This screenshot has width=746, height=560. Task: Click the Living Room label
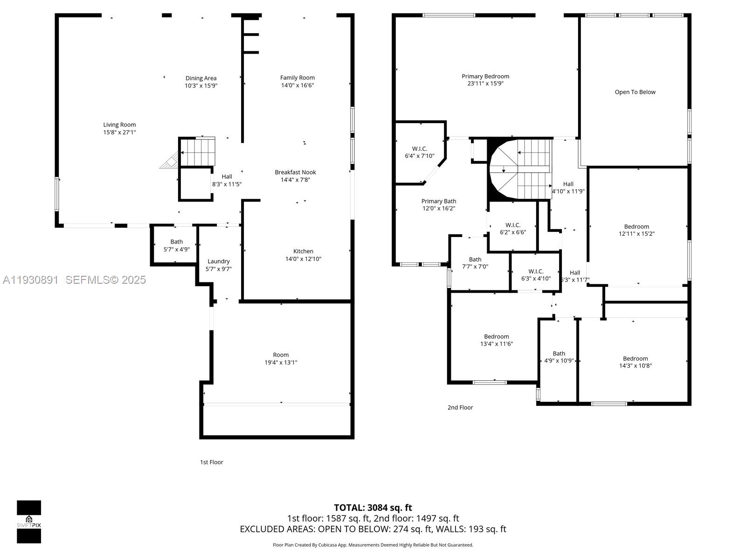tap(119, 125)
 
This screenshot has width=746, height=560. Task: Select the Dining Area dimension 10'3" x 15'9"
tap(201, 86)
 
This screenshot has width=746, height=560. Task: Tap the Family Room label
tap(297, 78)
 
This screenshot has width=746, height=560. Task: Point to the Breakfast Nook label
tap(295, 172)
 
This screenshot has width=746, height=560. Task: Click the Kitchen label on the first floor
tap(303, 252)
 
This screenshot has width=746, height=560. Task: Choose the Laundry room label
tap(218, 261)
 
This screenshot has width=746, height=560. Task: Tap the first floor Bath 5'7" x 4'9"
tap(176, 245)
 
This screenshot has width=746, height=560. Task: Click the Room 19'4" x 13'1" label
tap(281, 358)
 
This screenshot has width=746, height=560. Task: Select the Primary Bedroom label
tap(485, 77)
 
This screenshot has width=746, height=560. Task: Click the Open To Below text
tap(635, 92)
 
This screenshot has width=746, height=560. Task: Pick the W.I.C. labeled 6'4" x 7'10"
tap(420, 152)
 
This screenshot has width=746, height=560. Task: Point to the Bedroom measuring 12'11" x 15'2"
tap(636, 230)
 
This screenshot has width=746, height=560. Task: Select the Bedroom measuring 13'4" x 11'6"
tap(496, 340)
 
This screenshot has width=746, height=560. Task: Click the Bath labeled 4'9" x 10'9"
tap(559, 357)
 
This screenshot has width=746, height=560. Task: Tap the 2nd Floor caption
tap(460, 407)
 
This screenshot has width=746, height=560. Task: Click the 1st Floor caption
tap(212, 462)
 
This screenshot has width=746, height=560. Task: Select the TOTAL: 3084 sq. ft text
tap(373, 507)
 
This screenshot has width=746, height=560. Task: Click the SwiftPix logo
tap(29, 521)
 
